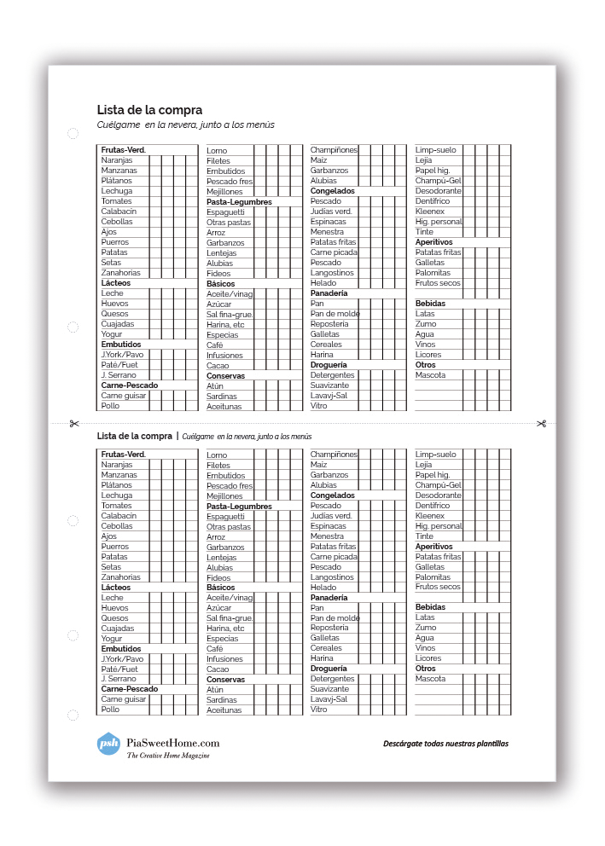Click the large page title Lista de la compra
[149, 110]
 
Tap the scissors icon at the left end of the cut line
[74, 423]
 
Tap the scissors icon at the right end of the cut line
[541, 423]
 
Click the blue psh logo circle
[108, 743]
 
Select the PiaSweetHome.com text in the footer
[172, 743]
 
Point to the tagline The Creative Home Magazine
[168, 756]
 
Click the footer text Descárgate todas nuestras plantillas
[445, 744]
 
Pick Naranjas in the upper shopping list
[117, 160]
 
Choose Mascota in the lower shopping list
[430, 679]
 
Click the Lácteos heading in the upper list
[116, 283]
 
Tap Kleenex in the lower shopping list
[430, 516]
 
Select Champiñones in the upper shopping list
[334, 150]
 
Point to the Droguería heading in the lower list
[329, 669]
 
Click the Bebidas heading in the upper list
[430, 304]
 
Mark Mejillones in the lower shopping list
[224, 496]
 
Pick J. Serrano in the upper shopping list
[119, 375]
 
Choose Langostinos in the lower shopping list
[331, 577]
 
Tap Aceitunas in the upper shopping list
[224, 407]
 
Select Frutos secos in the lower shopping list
[438, 587]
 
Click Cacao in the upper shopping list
[218, 366]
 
